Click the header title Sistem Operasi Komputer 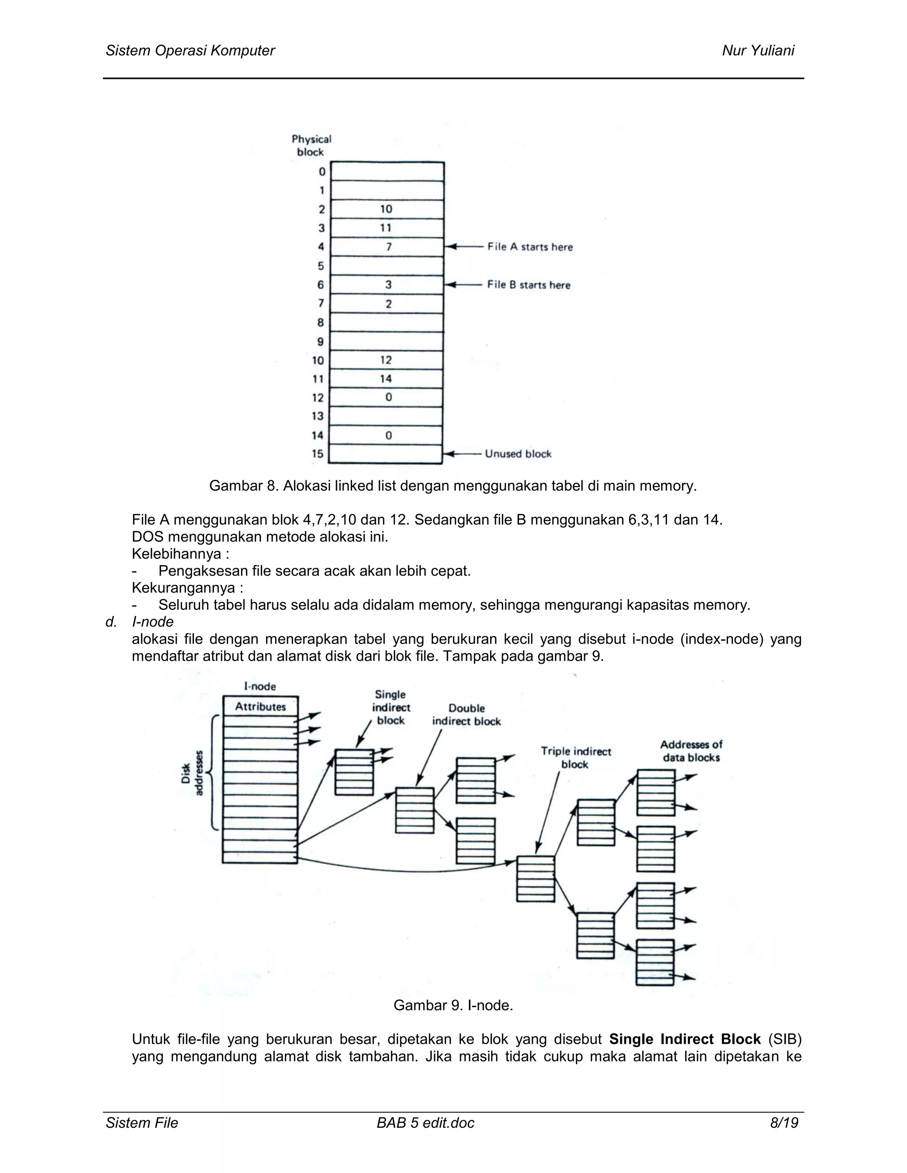click(190, 50)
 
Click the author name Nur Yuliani click(758, 50)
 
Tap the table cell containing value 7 click(388, 247)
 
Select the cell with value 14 click(386, 378)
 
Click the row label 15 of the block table click(318, 454)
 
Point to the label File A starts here click(530, 247)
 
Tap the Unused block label click(518, 454)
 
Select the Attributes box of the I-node click(260, 707)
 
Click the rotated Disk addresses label click(192, 773)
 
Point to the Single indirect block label click(391, 707)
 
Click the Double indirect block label click(466, 715)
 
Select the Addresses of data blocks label click(691, 751)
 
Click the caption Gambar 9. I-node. click(453, 1005)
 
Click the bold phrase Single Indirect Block click(685, 1039)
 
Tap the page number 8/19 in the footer click(784, 1123)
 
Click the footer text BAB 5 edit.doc click(426, 1123)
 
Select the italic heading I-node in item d click(153, 622)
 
